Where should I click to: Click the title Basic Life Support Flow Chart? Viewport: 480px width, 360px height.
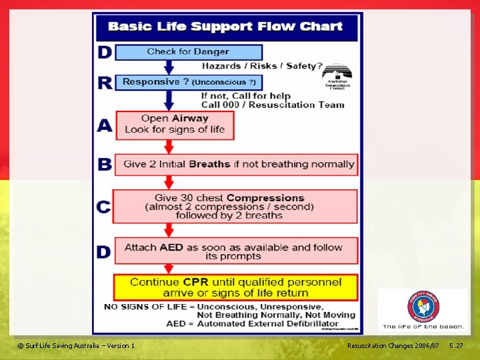225,27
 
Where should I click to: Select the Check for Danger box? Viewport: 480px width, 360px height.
189,52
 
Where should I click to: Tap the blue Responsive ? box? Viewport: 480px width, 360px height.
189,82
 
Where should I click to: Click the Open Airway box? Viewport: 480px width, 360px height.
175,125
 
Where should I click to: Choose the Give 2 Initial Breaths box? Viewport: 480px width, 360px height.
236,164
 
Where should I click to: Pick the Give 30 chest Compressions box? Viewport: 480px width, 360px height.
235,206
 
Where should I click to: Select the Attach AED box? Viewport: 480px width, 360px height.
235,251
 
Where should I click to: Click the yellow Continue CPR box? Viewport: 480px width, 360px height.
235,287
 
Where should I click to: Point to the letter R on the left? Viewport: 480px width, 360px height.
104,82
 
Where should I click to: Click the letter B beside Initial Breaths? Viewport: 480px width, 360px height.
104,164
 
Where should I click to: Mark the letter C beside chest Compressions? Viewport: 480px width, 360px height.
104,207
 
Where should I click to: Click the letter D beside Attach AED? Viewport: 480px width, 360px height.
104,251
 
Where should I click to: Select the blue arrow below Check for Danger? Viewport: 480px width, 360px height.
169,67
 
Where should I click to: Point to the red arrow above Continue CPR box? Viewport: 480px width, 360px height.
169,269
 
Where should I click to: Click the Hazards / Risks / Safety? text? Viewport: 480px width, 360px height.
262,66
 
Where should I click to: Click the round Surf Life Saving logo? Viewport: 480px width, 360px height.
423,307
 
